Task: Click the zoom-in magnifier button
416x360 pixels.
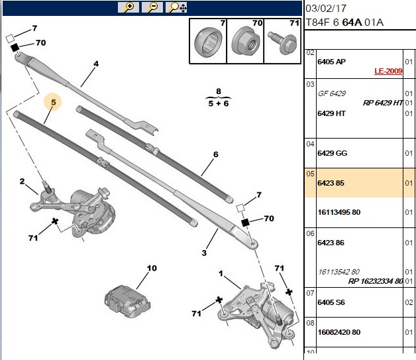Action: click(x=129, y=7)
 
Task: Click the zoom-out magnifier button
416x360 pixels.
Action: click(x=152, y=7)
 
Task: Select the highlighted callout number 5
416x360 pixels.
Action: click(x=54, y=102)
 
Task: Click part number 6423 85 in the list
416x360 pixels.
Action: click(x=331, y=183)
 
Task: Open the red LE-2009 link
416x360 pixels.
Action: click(x=388, y=71)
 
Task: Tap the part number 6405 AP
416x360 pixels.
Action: click(x=331, y=62)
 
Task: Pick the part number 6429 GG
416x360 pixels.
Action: click(x=332, y=153)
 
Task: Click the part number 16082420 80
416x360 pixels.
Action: click(x=338, y=332)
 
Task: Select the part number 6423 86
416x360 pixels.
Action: click(x=331, y=243)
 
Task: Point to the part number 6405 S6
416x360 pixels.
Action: click(x=331, y=302)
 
